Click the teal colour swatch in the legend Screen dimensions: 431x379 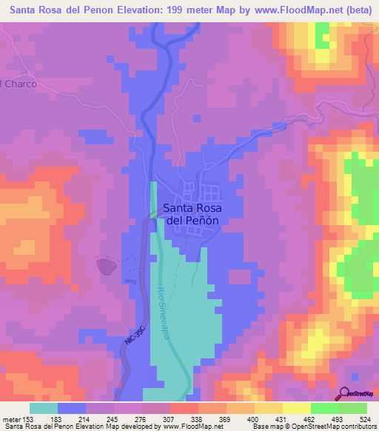(44, 408)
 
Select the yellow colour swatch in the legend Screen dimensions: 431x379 (296, 408)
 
